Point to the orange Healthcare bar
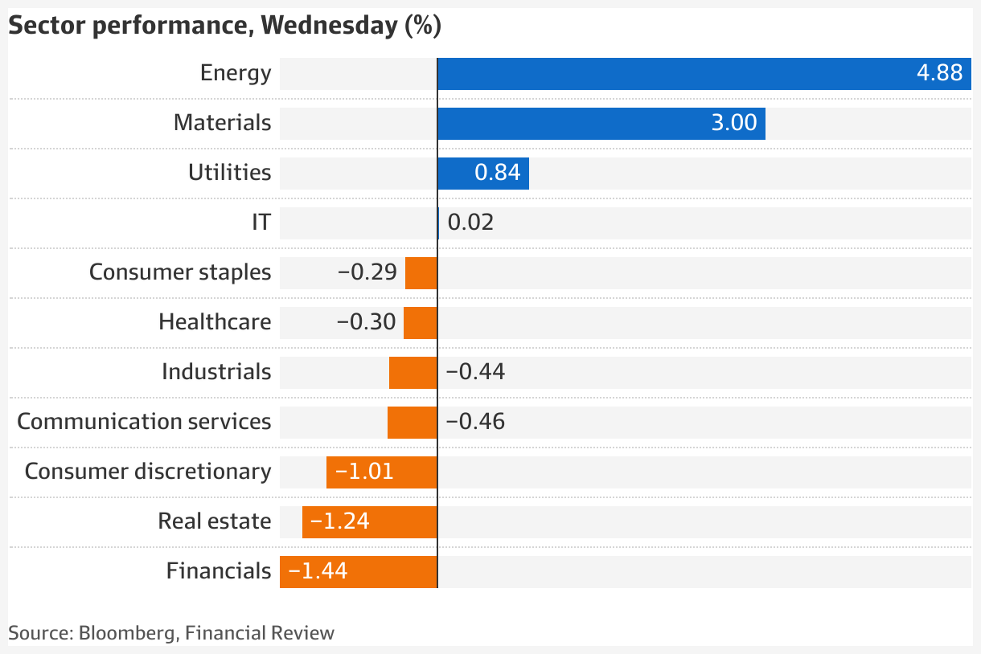coord(420,322)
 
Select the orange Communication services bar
coord(412,422)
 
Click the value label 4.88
coord(939,73)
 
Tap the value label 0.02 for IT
coord(470,223)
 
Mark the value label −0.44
coord(475,372)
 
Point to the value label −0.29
coord(367,272)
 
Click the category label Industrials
coord(216,372)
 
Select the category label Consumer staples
coord(180,272)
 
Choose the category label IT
coord(261,223)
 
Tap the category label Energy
coord(236,73)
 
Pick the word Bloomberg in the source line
coord(127,633)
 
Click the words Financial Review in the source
coord(260,633)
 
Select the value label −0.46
coord(475,422)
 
